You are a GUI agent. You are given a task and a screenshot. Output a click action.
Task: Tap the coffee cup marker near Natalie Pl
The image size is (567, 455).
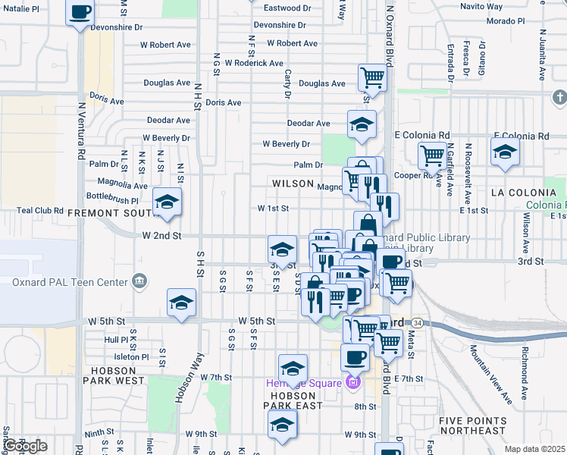click(80, 13)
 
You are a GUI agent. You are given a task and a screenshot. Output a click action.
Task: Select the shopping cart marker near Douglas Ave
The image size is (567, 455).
click(372, 77)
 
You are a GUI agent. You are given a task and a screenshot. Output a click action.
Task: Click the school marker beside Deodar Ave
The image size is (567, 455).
click(362, 124)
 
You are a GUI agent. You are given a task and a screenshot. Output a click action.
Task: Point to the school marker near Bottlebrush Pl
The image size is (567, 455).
click(167, 202)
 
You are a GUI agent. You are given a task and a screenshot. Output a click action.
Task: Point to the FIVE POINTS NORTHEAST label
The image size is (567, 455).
click(472, 425)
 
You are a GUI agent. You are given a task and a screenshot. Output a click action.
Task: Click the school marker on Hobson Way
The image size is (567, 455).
click(182, 303)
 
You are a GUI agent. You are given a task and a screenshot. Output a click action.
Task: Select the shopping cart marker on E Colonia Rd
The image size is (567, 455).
click(431, 156)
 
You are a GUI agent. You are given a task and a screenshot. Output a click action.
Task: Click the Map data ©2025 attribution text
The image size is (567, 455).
click(534, 449)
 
